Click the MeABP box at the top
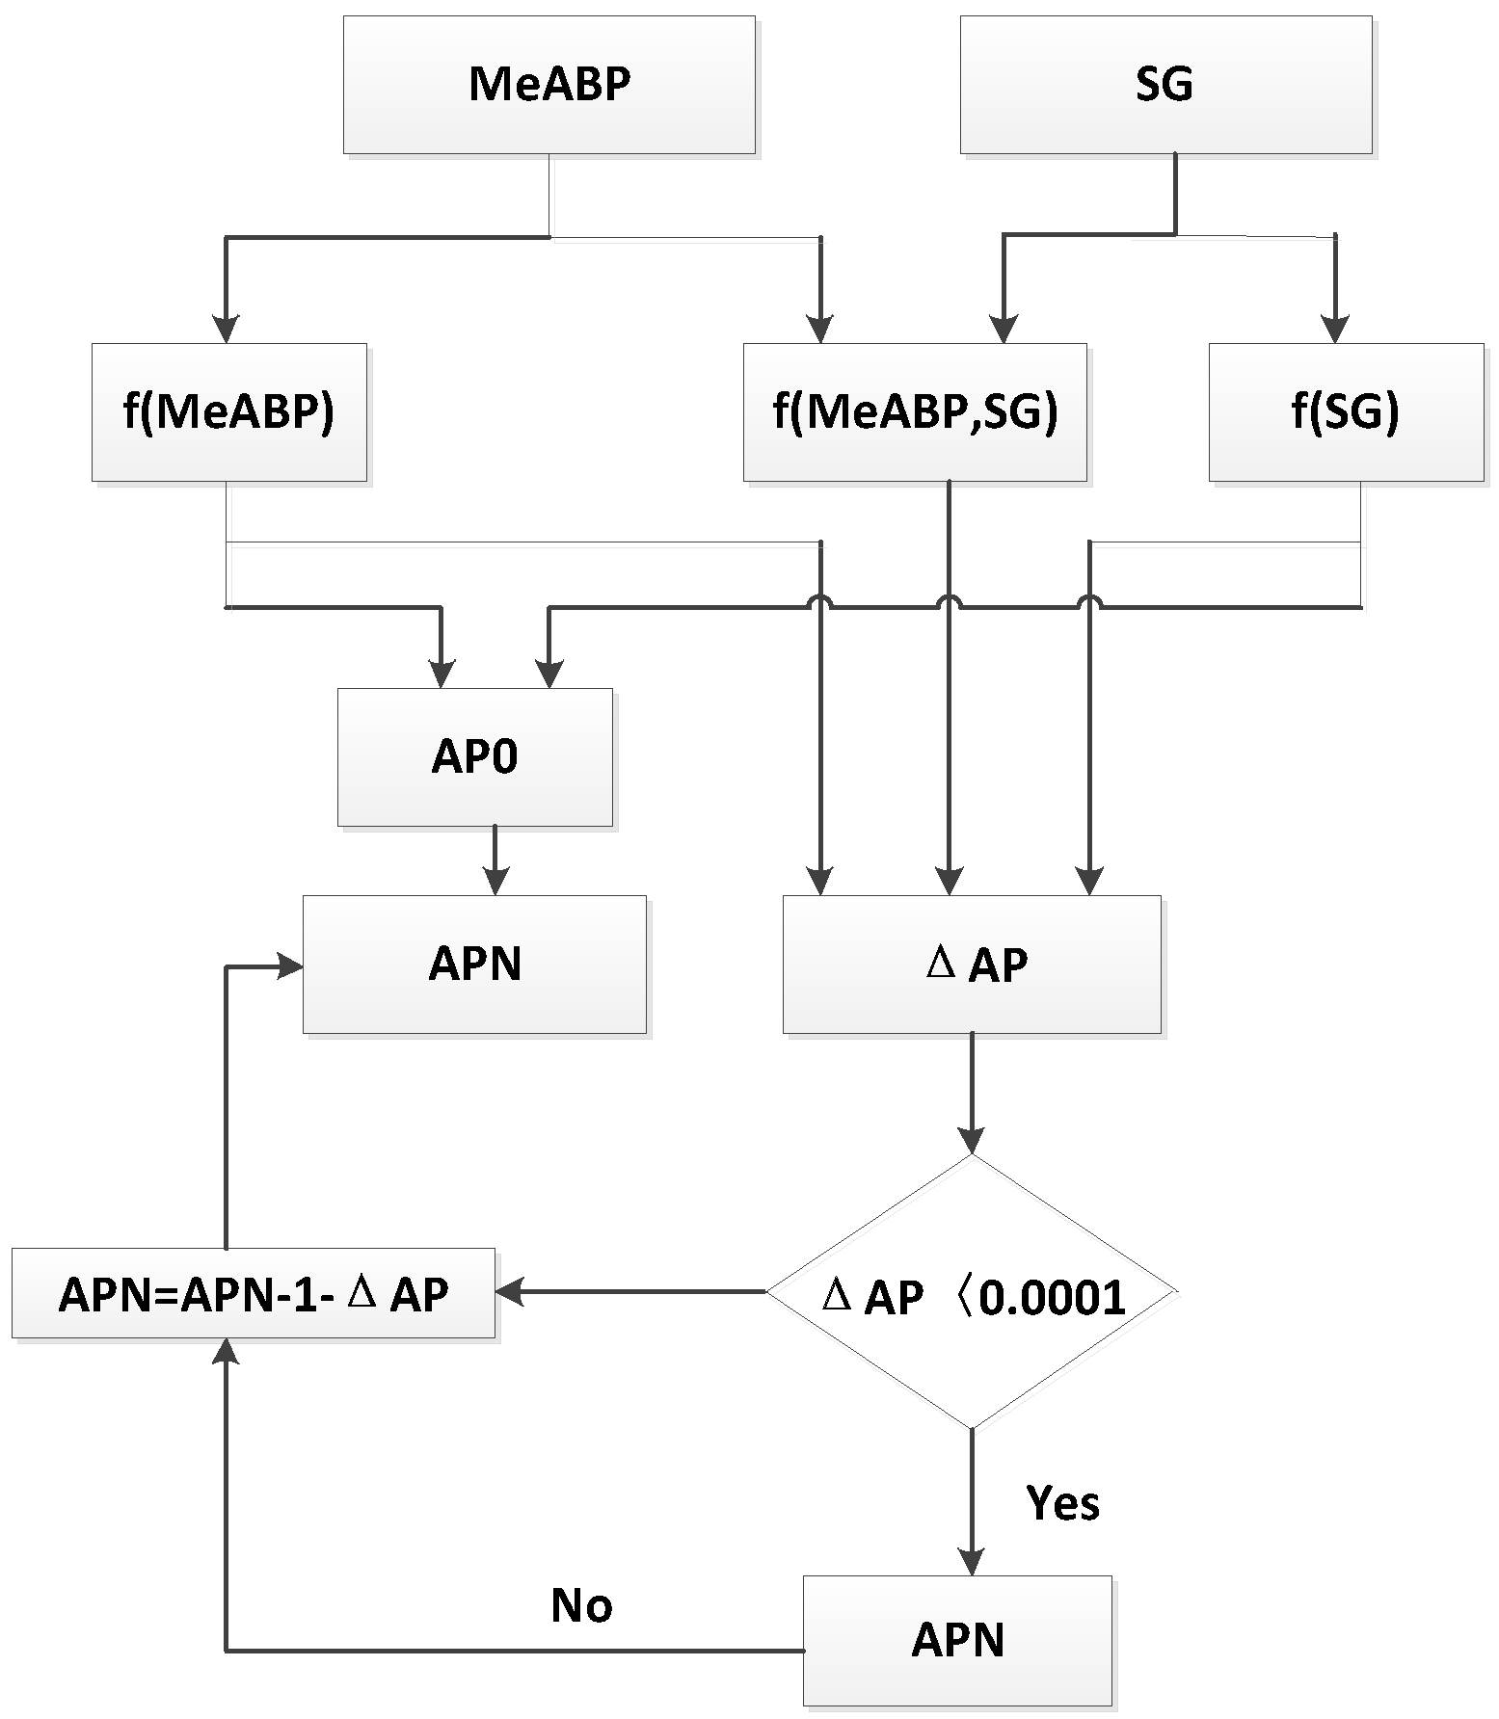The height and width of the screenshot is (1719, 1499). (549, 85)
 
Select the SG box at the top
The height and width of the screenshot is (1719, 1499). (1164, 85)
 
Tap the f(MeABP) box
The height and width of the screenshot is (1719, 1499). (228, 412)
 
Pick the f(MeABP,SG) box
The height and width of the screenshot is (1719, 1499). (914, 412)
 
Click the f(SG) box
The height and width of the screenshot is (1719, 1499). (1346, 412)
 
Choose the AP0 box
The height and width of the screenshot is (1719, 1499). (474, 757)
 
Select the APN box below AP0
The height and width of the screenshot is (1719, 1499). (474, 965)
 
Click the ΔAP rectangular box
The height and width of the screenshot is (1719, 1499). (971, 965)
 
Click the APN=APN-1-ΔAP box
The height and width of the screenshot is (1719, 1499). (254, 1294)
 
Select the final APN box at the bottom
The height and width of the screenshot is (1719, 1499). (957, 1641)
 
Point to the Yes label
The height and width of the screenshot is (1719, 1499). (1062, 1502)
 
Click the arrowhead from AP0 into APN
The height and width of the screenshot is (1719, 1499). (495, 883)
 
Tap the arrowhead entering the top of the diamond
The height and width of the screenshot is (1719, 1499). (971, 1141)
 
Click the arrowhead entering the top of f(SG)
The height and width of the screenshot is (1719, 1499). (1335, 331)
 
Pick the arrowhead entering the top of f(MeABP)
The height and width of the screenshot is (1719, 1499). (226, 331)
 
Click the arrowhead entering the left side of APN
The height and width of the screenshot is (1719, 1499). (290, 966)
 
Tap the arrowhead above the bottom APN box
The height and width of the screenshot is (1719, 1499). (971, 1562)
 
